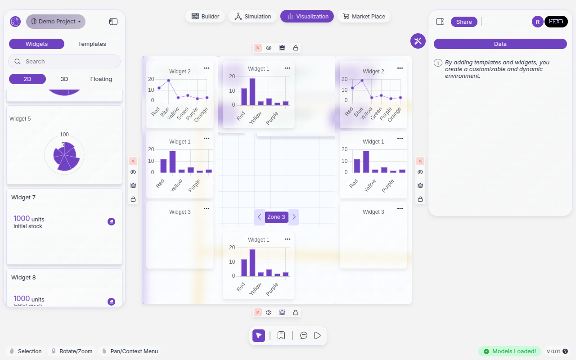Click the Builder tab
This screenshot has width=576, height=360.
pyautogui.click(x=205, y=16)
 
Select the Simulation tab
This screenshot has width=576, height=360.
pyautogui.click(x=252, y=16)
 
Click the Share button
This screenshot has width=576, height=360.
pyautogui.click(x=464, y=22)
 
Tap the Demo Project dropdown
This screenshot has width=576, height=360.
pyautogui.click(x=56, y=21)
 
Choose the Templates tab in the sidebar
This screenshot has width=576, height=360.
pyautogui.click(x=92, y=44)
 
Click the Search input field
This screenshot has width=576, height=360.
pyautogui.click(x=64, y=61)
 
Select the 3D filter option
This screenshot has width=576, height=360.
pyautogui.click(x=64, y=79)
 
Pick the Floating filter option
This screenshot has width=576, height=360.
pyautogui.click(x=101, y=79)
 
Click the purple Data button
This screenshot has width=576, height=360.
pyautogui.click(x=500, y=44)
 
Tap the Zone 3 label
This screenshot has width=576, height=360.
pyautogui.click(x=276, y=217)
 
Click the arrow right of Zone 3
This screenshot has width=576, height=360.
pyautogui.click(x=294, y=217)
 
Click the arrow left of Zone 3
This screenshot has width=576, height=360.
pyautogui.click(x=259, y=217)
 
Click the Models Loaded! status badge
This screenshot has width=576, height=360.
pyautogui.click(x=509, y=351)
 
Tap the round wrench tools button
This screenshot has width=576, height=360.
pyautogui.click(x=418, y=41)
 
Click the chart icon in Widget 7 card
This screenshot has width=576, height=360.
pyautogui.click(x=111, y=221)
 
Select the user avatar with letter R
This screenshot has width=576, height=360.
pyautogui.click(x=537, y=22)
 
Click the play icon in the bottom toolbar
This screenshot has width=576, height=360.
pyautogui.click(x=318, y=335)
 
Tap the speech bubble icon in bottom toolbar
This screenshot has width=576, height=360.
pyautogui.click(x=304, y=335)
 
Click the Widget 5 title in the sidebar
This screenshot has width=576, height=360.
pyautogui.click(x=20, y=119)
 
